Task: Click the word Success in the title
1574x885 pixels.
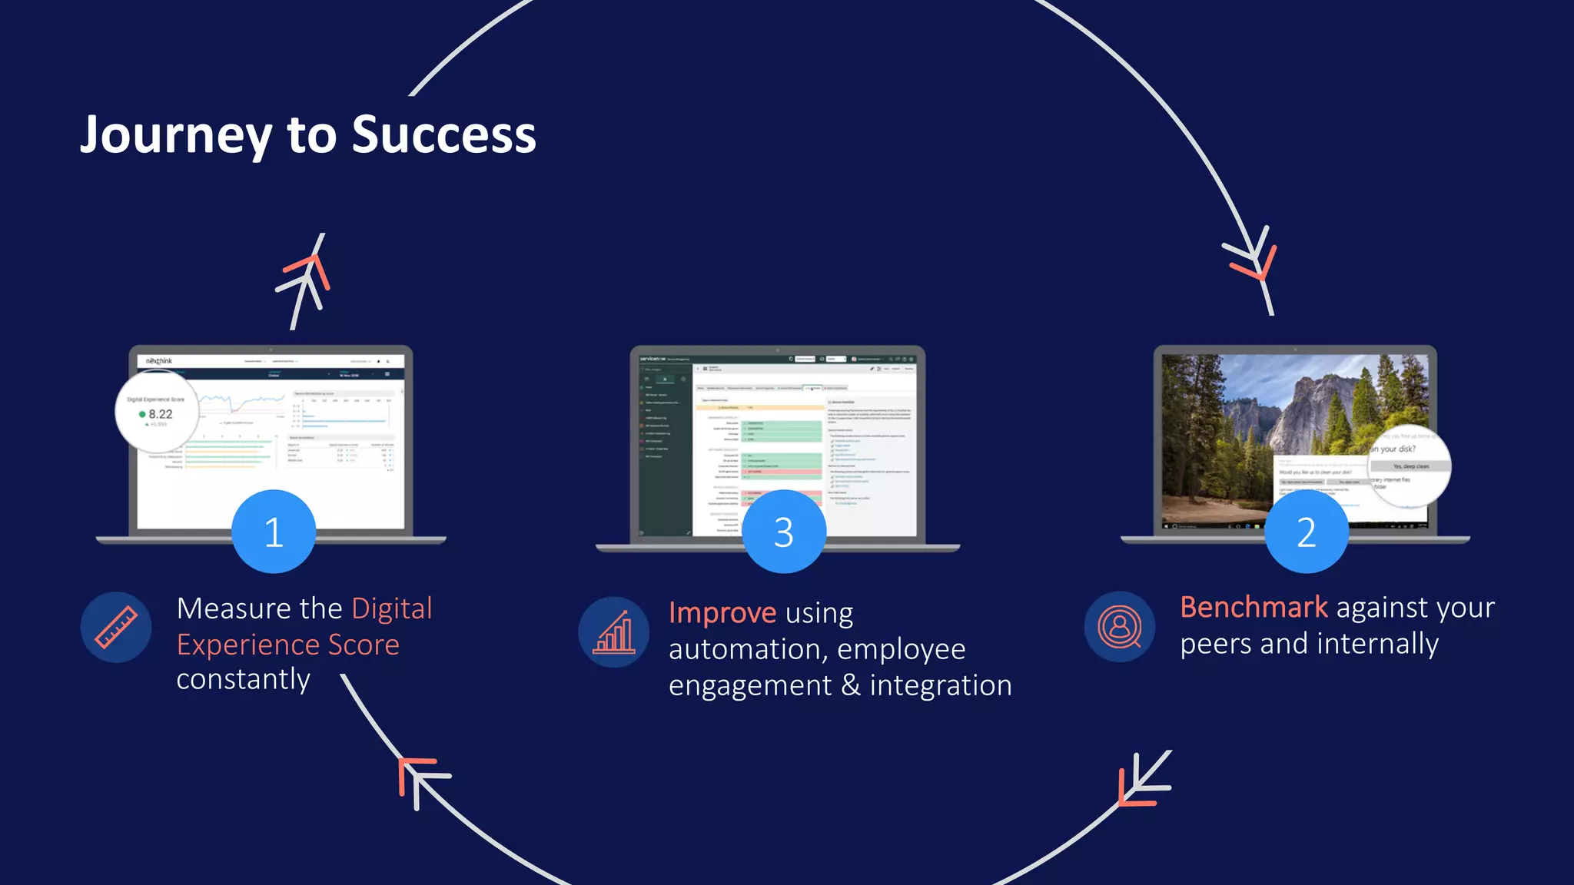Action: click(443, 135)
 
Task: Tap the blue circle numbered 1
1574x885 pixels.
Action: click(274, 532)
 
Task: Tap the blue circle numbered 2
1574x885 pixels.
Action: click(1306, 532)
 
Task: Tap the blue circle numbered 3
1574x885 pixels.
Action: click(783, 532)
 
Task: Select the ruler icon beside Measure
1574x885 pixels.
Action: click(116, 627)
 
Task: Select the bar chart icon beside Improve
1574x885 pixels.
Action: click(613, 631)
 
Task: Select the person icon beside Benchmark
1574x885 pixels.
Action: click(1120, 627)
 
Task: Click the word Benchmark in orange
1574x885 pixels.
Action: click(1254, 607)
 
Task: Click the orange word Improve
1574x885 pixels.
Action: click(722, 613)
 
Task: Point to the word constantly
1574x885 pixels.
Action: click(243, 679)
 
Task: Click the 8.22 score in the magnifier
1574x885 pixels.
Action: click(160, 414)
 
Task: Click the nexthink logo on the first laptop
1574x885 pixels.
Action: click(159, 361)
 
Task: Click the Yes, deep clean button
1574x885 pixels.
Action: click(1410, 466)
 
